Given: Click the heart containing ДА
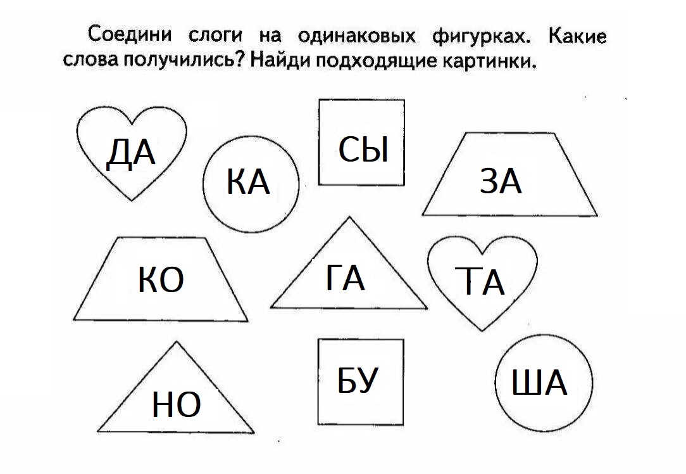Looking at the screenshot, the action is point(131,153).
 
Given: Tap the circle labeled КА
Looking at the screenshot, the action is point(251,184).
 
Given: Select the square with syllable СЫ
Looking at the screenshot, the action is point(361,143).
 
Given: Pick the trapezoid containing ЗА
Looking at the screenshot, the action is point(509,174).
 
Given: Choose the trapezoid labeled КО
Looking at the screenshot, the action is point(161,279).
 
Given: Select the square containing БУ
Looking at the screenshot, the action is point(361,381).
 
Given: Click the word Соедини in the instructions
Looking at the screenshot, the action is point(130,34).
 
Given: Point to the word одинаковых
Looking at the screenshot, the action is point(356,36).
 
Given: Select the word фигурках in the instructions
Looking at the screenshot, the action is point(482,37).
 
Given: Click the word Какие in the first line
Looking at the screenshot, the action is point(578,36).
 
